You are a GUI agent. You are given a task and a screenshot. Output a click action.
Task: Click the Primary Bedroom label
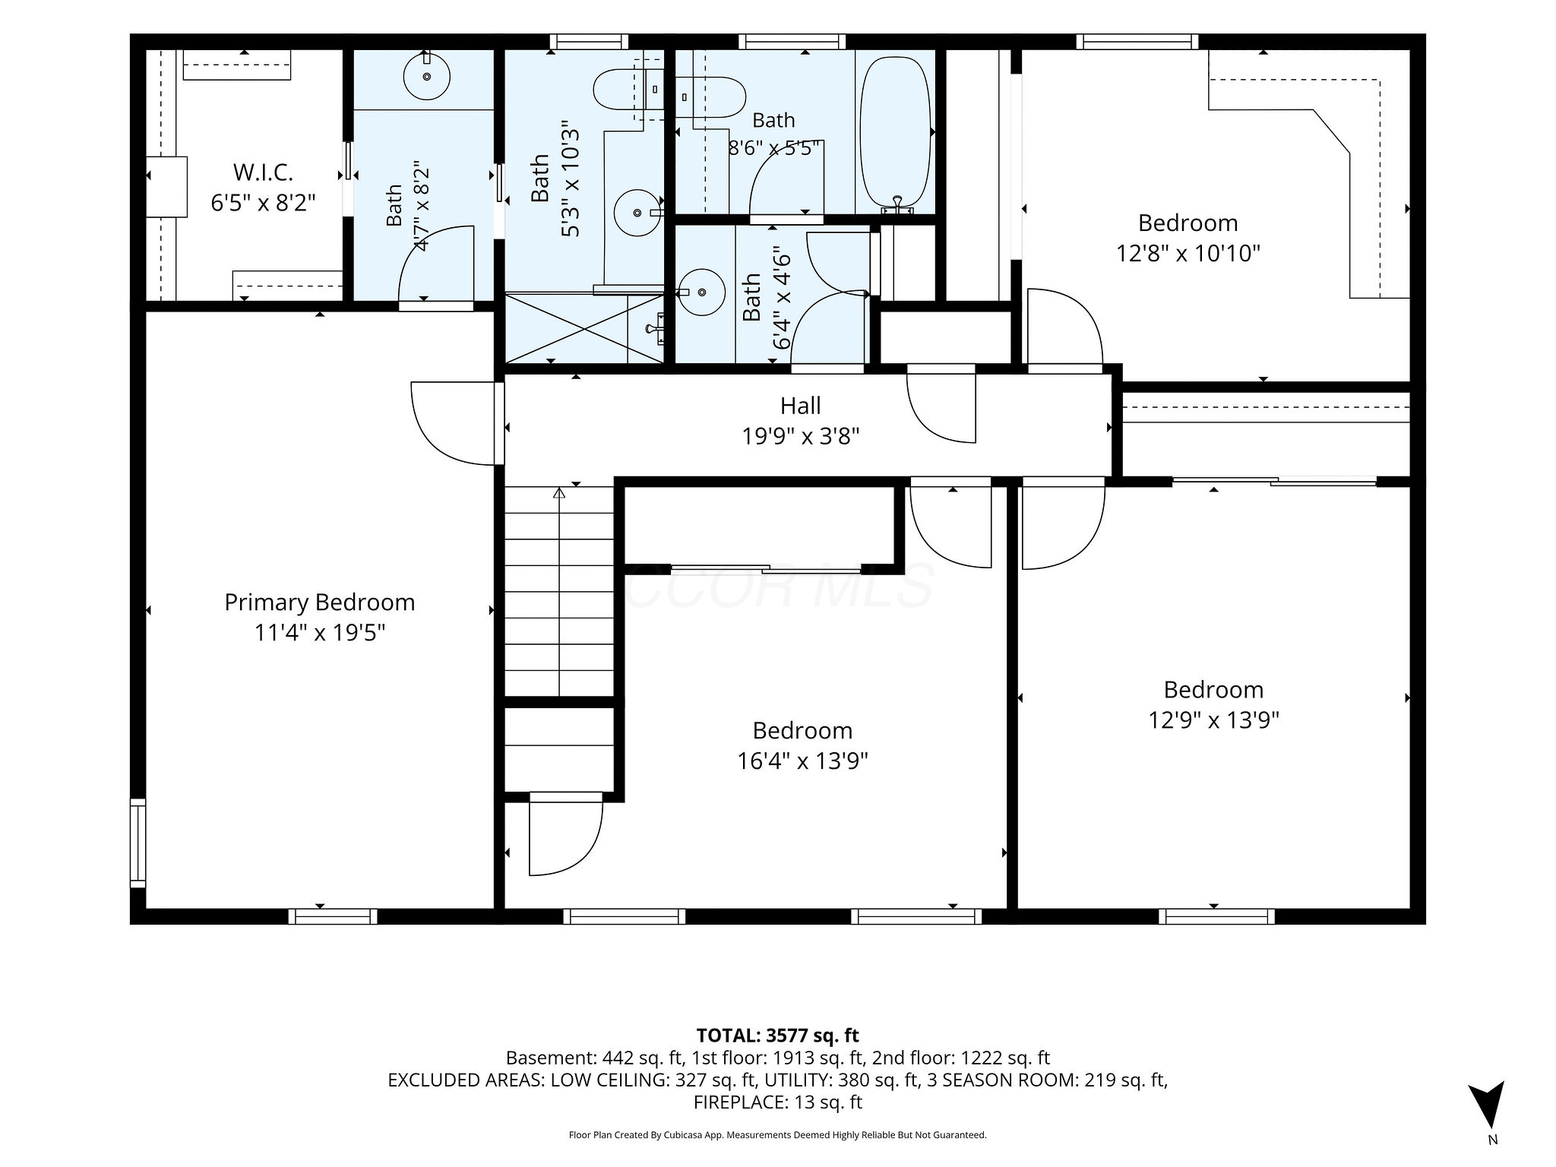320,602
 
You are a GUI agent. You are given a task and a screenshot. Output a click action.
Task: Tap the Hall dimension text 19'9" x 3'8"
801,436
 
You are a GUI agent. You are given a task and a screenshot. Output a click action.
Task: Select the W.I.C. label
263,172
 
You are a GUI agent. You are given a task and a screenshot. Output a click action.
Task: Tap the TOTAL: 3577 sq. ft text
777,1035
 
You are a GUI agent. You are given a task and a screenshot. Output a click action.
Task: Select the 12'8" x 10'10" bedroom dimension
1188,253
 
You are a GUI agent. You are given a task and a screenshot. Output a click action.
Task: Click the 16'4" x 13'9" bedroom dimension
802,761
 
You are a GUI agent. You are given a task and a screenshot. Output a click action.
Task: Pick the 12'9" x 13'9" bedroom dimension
1214,719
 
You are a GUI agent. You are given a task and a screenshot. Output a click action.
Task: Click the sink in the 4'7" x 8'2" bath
427,76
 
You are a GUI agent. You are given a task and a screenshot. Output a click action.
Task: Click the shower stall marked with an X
585,328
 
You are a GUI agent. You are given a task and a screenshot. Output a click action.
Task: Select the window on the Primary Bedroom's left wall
138,843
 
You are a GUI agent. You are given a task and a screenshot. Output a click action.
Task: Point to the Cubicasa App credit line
777,1135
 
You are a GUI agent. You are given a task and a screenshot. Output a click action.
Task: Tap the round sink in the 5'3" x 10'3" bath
637,213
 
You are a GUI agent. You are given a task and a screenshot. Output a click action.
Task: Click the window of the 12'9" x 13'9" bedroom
1217,916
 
